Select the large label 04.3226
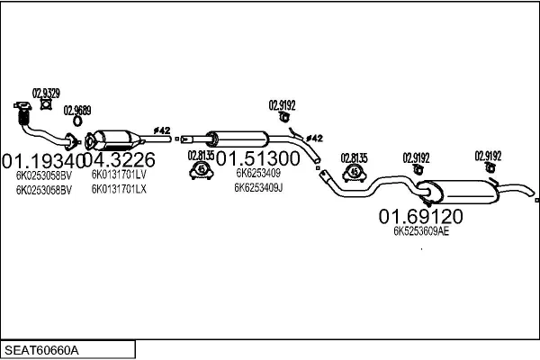pos(121,160)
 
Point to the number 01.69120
pos(420,217)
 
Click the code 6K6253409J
pos(258,188)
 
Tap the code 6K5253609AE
pos(420,231)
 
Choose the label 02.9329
pos(47,93)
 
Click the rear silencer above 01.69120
pos(459,191)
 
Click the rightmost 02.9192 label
pos(489,154)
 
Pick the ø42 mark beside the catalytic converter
pos(162,130)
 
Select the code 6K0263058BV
pos(42,189)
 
